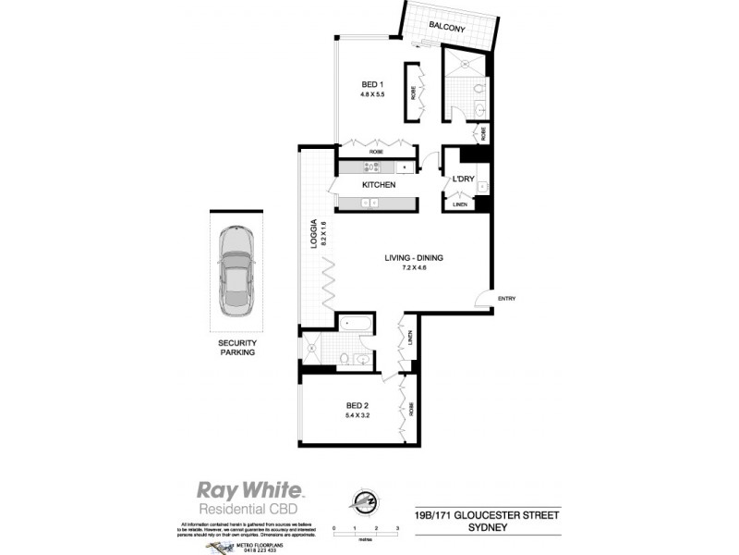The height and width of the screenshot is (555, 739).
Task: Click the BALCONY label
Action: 447,29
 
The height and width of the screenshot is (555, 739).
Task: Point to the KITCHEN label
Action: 379,186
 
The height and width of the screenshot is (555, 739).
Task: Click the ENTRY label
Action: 506,298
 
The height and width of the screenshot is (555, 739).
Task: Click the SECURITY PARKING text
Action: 236,347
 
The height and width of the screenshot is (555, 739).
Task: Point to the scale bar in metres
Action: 365,529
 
